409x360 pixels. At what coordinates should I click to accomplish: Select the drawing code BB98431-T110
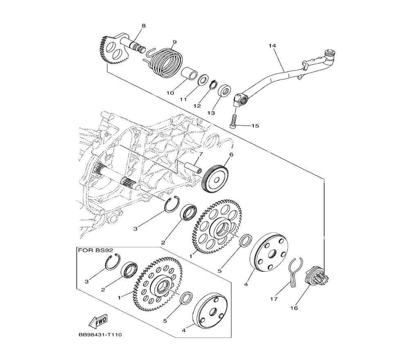[x=100, y=335]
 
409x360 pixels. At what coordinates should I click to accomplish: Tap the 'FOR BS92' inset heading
[x=96, y=250]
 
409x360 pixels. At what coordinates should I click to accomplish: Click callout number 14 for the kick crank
[x=272, y=46]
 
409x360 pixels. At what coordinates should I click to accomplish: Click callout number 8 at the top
[x=144, y=26]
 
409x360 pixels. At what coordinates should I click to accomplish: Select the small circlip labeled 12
[x=213, y=84]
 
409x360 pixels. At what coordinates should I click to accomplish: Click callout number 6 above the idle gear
[x=231, y=155]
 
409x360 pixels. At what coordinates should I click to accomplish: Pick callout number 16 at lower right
[x=294, y=308]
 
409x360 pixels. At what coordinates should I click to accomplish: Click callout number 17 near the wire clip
[x=274, y=299]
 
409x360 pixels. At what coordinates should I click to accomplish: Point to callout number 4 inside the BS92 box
[x=184, y=330]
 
